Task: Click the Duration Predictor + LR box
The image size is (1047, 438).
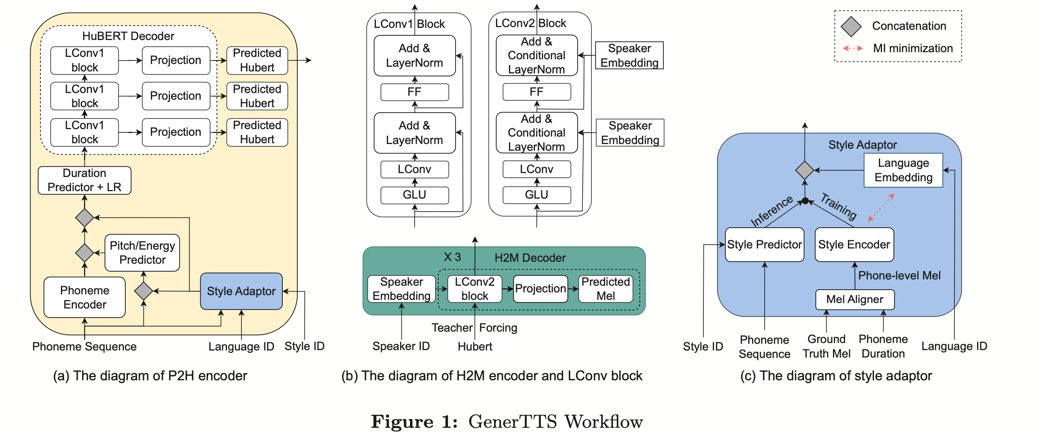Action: click(x=84, y=180)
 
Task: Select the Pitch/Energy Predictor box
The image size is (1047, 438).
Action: click(x=142, y=252)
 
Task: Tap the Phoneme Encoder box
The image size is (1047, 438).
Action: click(x=84, y=297)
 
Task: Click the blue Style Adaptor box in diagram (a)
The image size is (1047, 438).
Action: click(x=241, y=291)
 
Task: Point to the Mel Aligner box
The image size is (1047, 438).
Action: click(x=854, y=299)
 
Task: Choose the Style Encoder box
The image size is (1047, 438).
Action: click(x=854, y=244)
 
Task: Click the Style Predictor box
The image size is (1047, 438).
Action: click(x=764, y=244)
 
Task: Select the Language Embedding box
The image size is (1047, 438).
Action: click(x=903, y=170)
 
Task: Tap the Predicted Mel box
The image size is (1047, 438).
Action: click(x=605, y=288)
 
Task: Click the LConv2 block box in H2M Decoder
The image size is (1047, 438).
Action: click(x=474, y=288)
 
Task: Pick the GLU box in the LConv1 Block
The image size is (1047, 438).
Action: click(x=414, y=195)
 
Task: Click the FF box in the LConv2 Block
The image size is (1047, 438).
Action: click(x=536, y=92)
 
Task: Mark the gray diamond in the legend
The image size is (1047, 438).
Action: click(x=851, y=26)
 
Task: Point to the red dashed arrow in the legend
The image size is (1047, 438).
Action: click(x=852, y=48)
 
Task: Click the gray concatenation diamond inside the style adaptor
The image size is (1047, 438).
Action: click(x=804, y=170)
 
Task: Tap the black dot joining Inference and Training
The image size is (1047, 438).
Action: click(x=805, y=201)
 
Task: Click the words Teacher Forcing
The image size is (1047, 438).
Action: click(x=474, y=327)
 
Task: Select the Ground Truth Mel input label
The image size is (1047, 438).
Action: click(x=826, y=346)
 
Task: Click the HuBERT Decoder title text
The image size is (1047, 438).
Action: click(x=128, y=36)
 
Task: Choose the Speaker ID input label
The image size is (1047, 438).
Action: click(x=401, y=346)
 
